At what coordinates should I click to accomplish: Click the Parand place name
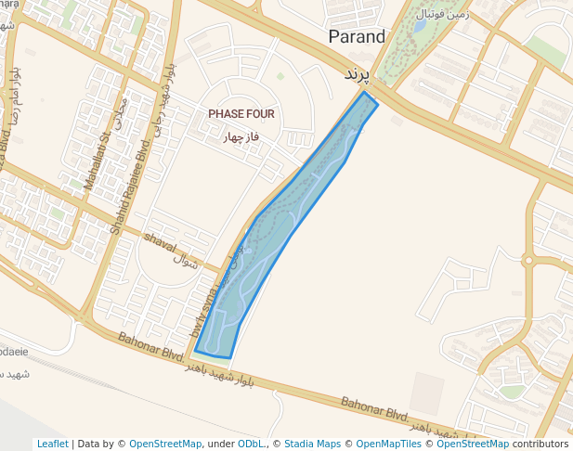tap(358, 37)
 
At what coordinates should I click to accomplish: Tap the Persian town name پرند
tap(358, 72)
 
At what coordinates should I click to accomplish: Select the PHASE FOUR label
tap(241, 114)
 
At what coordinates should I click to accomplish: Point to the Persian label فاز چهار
tap(241, 137)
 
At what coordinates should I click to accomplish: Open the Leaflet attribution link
tap(52, 444)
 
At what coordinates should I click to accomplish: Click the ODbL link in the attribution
tap(251, 444)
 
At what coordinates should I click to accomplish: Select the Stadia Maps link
tap(312, 444)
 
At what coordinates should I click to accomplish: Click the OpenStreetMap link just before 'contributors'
tap(473, 444)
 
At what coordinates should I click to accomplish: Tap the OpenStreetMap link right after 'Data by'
tap(165, 444)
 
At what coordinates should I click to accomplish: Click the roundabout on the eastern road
tap(528, 260)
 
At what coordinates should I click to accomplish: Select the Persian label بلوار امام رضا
tap(13, 93)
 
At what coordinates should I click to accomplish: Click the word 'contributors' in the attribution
tap(540, 444)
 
